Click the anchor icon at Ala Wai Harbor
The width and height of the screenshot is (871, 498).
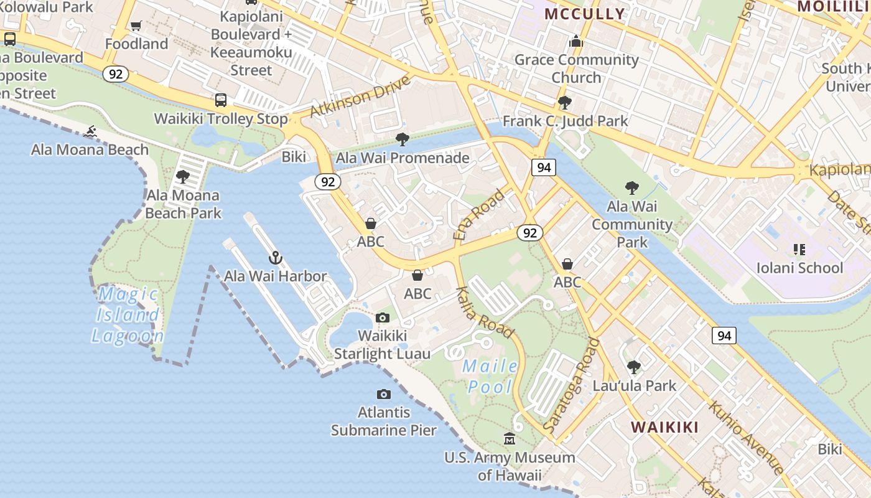(x=275, y=257)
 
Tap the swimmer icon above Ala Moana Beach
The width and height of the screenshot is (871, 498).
(x=91, y=131)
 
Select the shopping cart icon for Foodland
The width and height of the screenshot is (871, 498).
(x=136, y=26)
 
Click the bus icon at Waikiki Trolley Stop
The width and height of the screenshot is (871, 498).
(x=221, y=100)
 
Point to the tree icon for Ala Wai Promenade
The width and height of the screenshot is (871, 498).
(x=403, y=139)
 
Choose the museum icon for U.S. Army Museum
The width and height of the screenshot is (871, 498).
(x=510, y=439)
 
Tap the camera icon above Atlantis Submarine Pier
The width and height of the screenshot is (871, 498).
(x=384, y=394)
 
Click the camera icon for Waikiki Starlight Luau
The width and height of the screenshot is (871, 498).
(x=383, y=317)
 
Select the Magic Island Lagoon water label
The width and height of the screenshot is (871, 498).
(x=128, y=314)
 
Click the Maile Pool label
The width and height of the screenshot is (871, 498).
(x=490, y=377)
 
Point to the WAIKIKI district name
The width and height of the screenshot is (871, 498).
(x=665, y=427)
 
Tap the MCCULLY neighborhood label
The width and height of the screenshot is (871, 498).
(x=584, y=14)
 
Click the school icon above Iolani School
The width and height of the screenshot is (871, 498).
(x=799, y=250)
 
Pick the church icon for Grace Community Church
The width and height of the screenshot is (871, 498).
(x=576, y=41)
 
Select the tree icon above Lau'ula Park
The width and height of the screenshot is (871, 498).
(x=634, y=367)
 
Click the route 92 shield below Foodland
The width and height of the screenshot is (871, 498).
(x=116, y=74)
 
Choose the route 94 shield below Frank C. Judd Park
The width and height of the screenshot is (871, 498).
(x=543, y=167)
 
